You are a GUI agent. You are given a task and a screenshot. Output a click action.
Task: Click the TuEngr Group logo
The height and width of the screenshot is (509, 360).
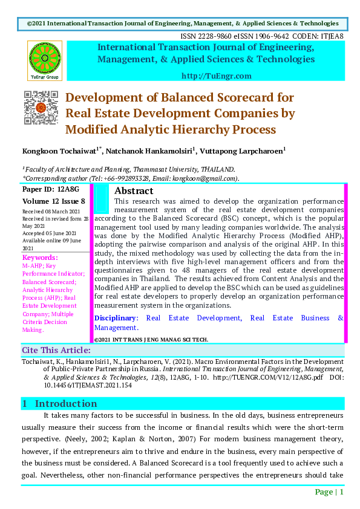[x=44, y=60]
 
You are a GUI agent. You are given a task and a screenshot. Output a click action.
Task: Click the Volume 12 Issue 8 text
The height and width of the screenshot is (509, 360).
[x=53, y=201]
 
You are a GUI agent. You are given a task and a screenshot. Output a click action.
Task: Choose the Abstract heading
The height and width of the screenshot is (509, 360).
[x=134, y=191]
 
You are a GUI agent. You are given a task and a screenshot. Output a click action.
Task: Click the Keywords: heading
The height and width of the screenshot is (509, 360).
[x=39, y=258]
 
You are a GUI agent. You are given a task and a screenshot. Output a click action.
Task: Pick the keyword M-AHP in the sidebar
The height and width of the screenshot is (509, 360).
[x=32, y=266]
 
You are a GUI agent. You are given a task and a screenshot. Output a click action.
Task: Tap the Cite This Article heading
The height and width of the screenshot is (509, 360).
[x=56, y=350]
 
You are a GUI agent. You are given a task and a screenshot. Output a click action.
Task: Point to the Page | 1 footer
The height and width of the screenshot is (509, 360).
[x=329, y=492]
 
